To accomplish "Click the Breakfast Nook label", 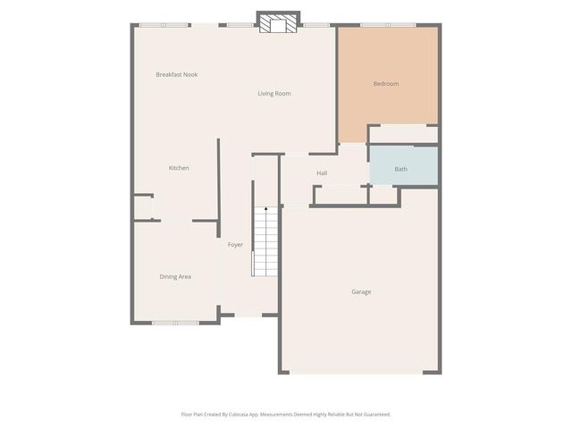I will coord(176,74).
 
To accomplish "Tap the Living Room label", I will coord(274,94).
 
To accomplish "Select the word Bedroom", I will coord(386,84).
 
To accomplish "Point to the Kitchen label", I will coord(179,168).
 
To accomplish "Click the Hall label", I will coord(322,172).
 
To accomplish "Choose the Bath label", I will coord(401,169).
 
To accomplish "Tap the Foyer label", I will coord(235,245).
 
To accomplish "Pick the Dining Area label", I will coord(175,277).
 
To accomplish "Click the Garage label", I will coord(361,292).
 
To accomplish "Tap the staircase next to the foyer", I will coord(265,242).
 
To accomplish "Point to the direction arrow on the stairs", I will coord(265,210).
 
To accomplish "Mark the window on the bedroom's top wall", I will coord(387,25).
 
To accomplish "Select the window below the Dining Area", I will coord(175,322).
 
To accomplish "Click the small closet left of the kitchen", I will coord(144,207).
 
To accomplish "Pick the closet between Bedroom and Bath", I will coord(403,134).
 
